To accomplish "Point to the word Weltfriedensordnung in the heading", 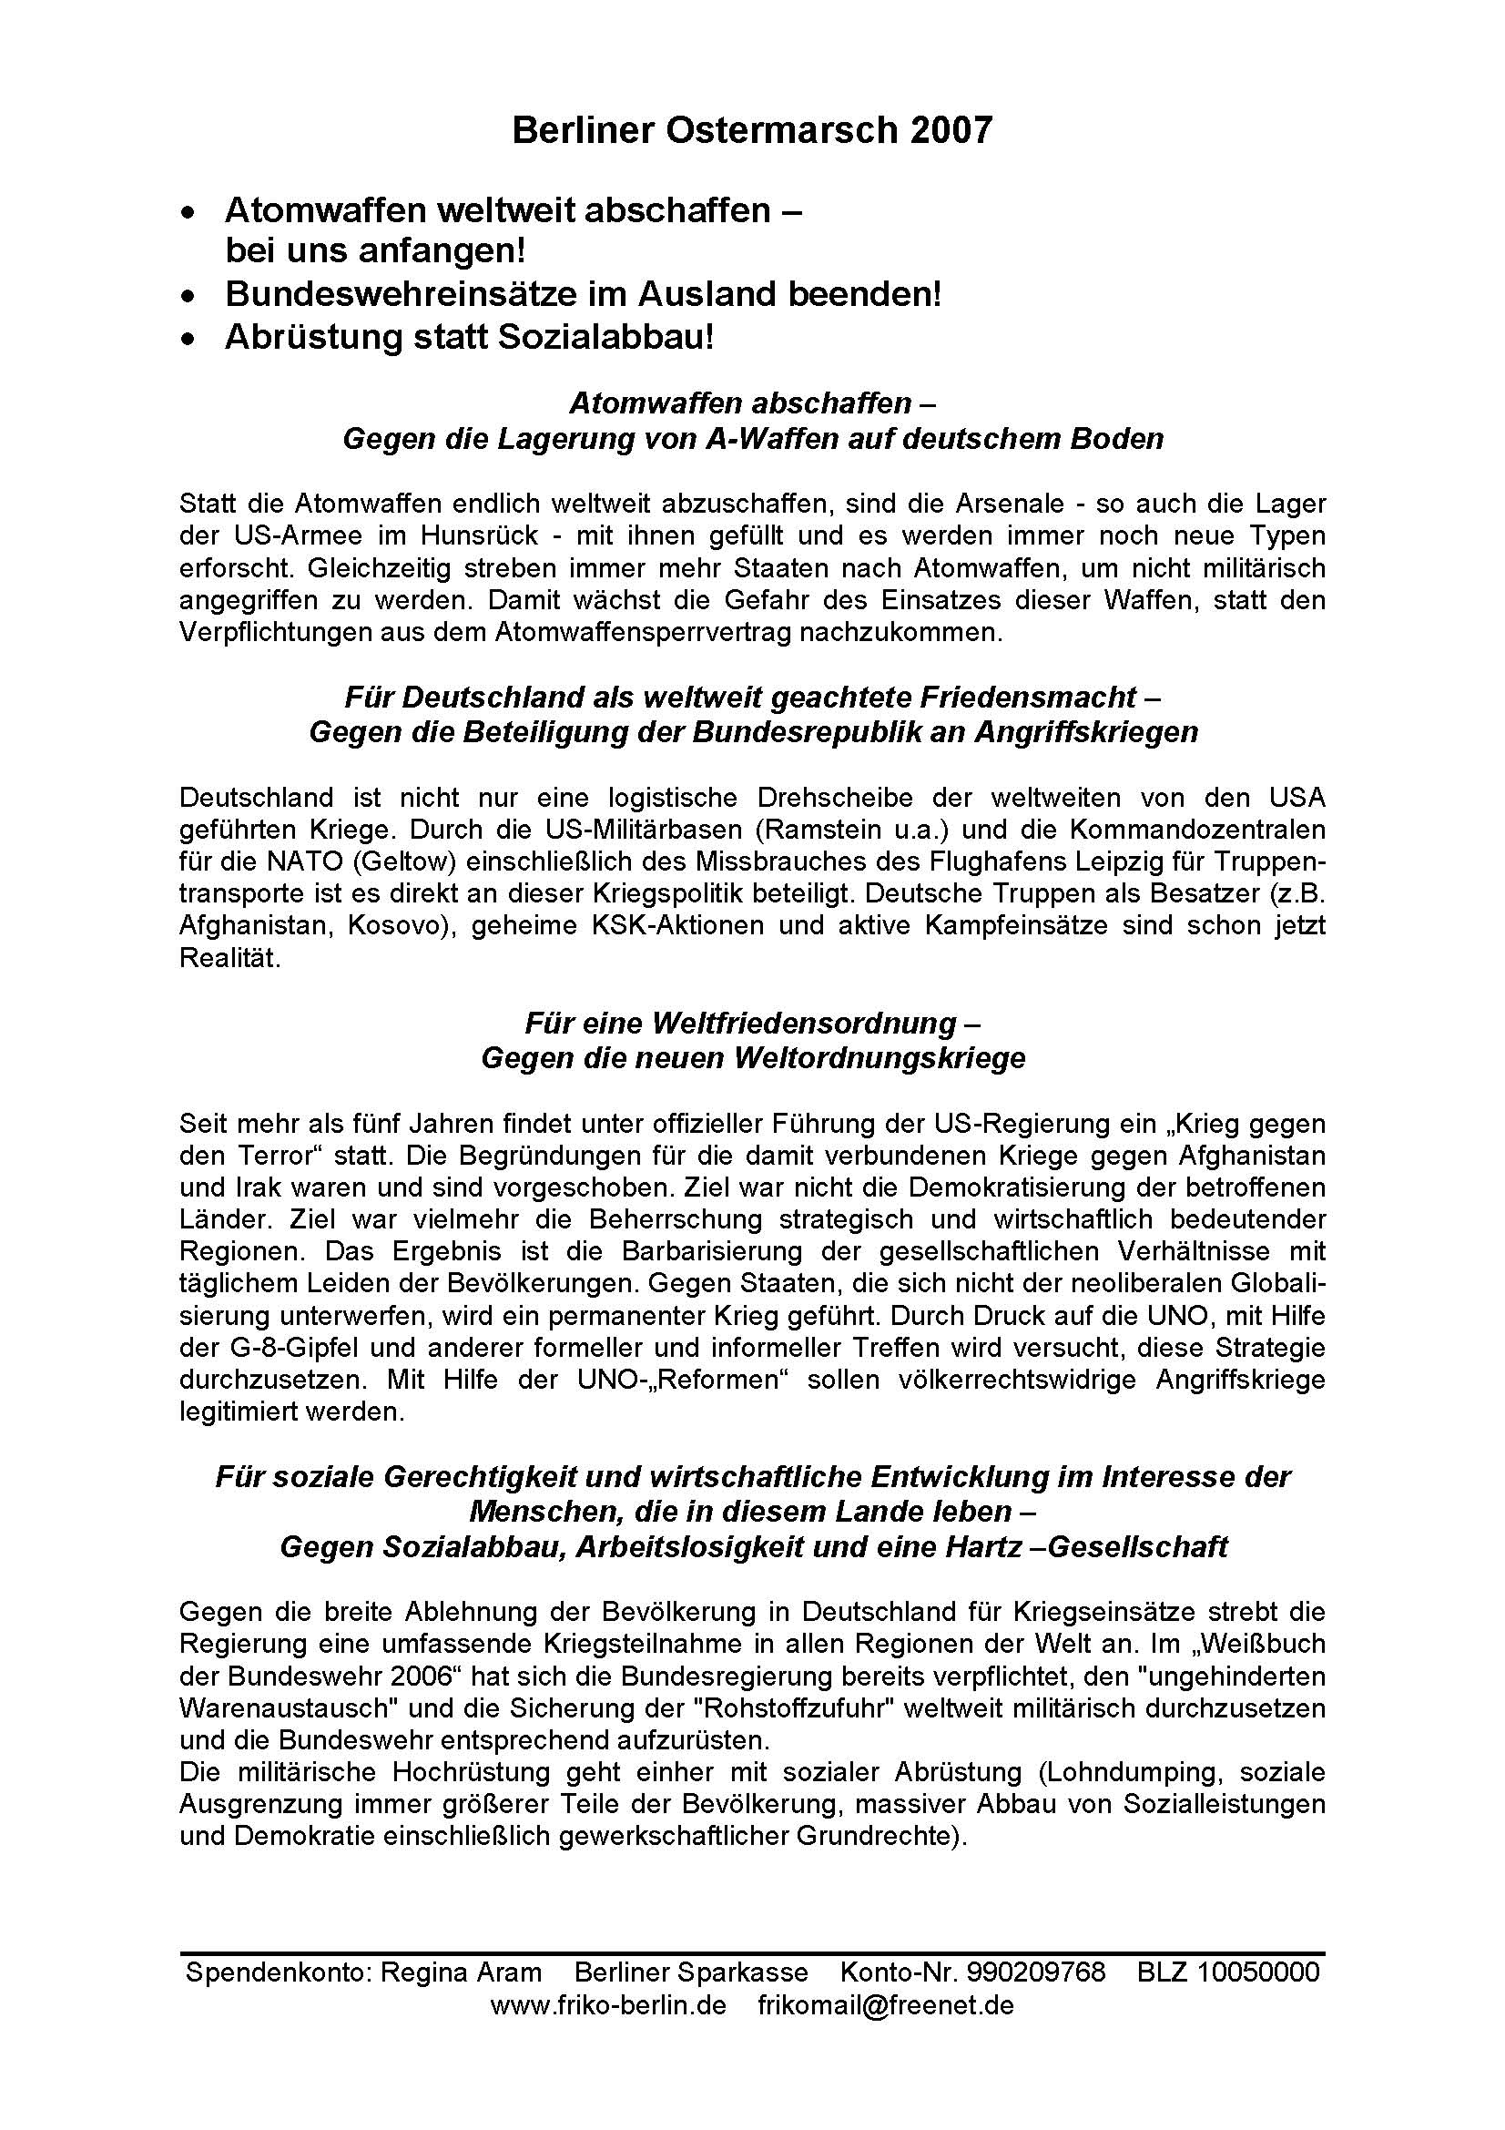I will click(803, 1023).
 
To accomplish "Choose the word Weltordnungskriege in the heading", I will click(880, 1057).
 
